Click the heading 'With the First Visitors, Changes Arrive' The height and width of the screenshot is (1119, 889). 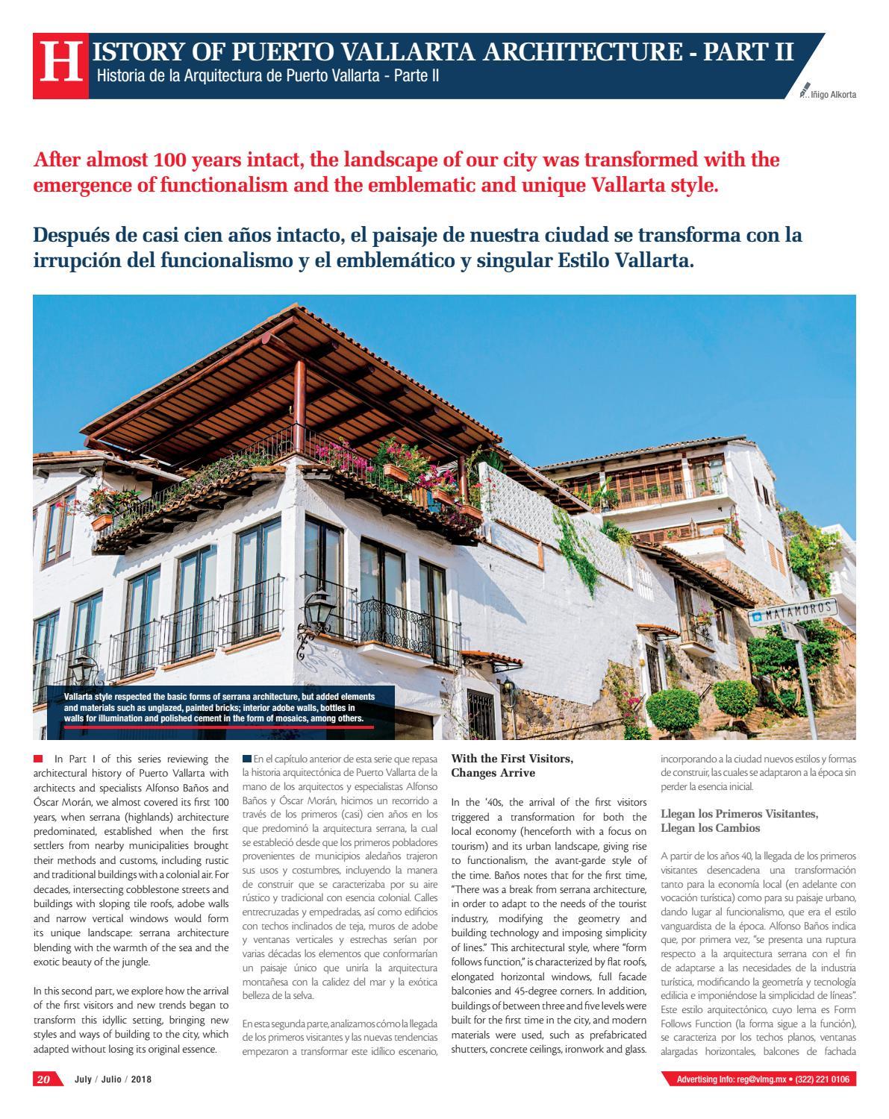click(511, 765)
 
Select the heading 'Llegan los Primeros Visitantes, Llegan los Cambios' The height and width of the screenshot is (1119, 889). click(739, 821)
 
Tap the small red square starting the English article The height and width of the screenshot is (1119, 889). click(38, 759)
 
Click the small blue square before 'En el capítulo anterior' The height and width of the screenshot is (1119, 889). click(247, 759)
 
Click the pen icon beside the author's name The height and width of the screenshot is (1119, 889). click(804, 90)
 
